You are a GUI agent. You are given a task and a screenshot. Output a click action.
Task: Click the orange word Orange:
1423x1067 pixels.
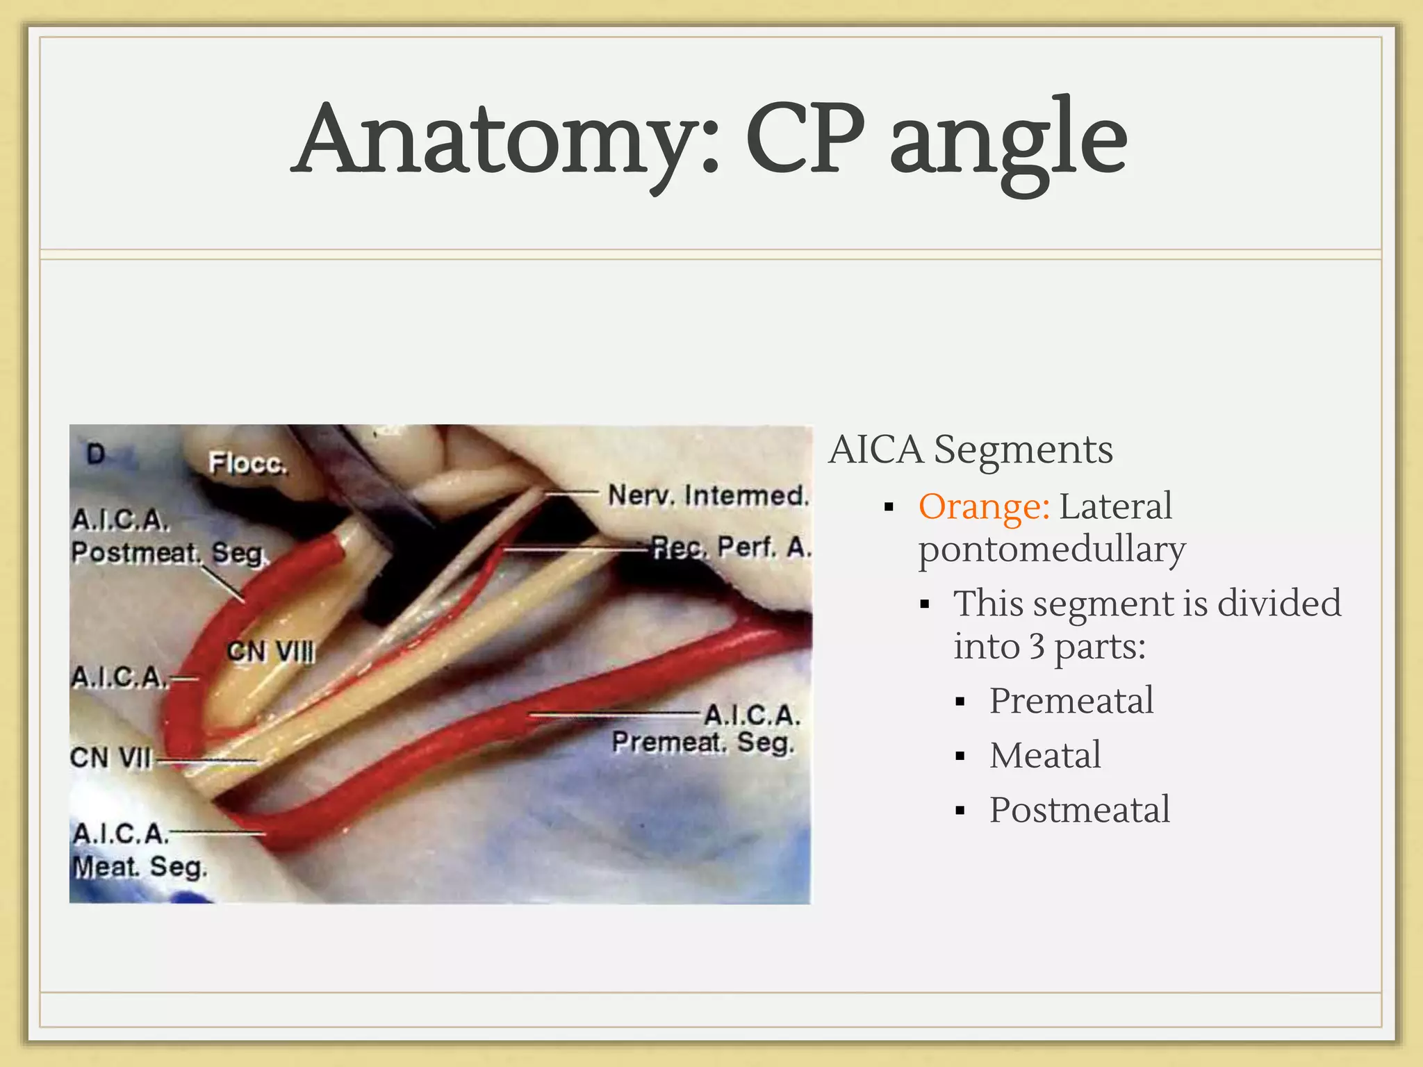tap(984, 506)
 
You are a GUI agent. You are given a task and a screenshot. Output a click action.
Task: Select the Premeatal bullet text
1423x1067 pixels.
tap(1071, 700)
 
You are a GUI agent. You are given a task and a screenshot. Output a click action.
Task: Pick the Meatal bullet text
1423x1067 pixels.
tap(1045, 755)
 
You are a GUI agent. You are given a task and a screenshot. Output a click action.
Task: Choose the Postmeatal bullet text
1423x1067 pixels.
tap(1079, 810)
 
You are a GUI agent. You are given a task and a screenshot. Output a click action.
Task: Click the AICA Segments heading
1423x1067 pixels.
tap(971, 449)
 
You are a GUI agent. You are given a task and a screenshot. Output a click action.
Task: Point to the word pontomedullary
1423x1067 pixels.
tap(1051, 550)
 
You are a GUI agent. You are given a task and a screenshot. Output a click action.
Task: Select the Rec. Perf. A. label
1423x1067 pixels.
tap(731, 547)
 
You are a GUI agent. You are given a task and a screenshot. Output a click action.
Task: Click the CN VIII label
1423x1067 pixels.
tap(271, 652)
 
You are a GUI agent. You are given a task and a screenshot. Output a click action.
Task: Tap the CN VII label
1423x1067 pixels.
tap(110, 757)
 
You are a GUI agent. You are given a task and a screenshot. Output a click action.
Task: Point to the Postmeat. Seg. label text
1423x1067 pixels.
tap(169, 553)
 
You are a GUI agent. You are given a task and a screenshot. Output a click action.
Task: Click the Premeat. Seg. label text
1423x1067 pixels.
tap(702, 743)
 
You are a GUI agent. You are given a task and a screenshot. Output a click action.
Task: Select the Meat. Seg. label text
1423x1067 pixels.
tap(140, 867)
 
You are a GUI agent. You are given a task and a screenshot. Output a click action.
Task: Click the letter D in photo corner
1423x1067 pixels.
tap(96, 454)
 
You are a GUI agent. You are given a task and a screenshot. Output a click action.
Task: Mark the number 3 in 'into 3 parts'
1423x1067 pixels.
tap(1037, 647)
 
